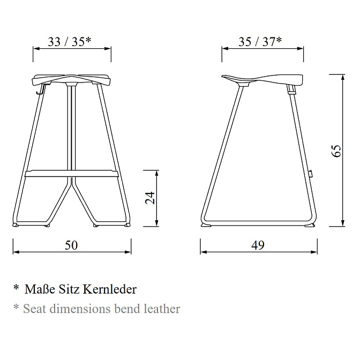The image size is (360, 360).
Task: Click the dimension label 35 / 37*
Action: pos(260,42)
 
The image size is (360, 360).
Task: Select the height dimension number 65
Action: pos(336,151)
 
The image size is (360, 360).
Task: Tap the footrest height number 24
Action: pos(151,198)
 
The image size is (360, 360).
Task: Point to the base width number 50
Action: pos(71,245)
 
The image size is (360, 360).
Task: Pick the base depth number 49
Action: pos(258,245)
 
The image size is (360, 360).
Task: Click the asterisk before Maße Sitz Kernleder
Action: pos(16,288)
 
